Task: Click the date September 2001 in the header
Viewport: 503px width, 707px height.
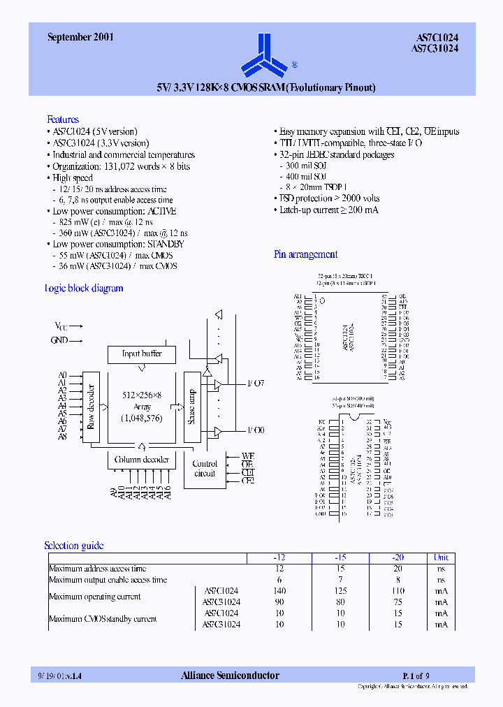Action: (80, 38)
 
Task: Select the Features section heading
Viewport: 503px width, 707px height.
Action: (63, 119)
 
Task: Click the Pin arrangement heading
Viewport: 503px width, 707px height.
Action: (305, 255)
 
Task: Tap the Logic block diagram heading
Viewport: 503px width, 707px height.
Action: (85, 289)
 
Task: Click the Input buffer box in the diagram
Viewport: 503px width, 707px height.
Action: (142, 354)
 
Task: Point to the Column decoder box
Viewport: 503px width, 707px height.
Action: (142, 460)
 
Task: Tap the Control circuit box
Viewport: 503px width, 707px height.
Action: (205, 469)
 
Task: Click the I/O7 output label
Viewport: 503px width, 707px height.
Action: (256, 384)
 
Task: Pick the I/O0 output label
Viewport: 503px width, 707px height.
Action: (256, 430)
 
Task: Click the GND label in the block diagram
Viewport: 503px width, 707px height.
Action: (59, 340)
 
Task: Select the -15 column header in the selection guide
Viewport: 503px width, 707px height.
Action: (340, 557)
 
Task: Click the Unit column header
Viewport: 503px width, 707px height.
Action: (442, 557)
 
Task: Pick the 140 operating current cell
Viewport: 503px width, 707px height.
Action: (279, 591)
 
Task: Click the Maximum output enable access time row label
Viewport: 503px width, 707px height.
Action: (108, 580)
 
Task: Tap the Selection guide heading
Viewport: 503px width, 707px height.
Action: (73, 546)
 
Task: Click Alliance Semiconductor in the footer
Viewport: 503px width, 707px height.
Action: (230, 676)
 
